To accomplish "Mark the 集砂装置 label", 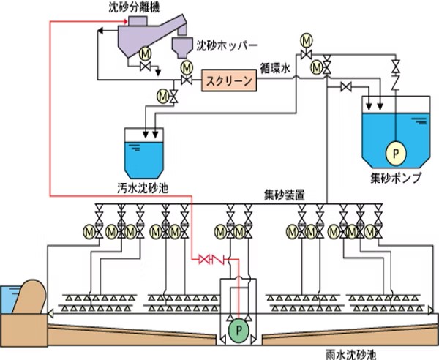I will tap(285, 196).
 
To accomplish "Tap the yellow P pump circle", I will tap(395, 153).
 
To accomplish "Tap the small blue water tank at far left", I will tap(8, 297).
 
